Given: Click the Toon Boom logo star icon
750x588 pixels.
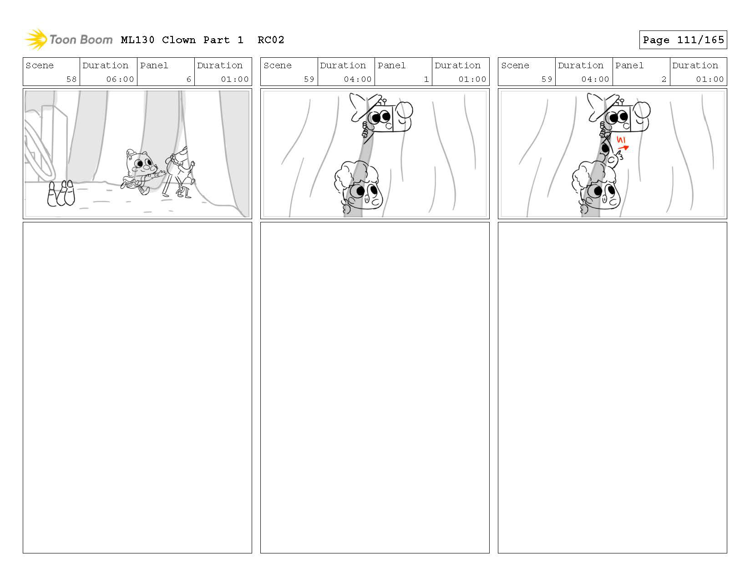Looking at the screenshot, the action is [36, 40].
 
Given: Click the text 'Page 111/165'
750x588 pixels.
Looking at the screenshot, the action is [683, 40].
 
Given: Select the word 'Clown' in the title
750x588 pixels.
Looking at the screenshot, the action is [178, 40].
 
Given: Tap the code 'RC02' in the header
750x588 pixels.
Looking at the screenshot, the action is [271, 40].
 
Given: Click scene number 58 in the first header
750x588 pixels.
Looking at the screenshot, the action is [71, 79].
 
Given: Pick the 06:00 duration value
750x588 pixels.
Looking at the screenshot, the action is [120, 79].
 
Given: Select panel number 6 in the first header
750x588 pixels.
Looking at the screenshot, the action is [188, 79].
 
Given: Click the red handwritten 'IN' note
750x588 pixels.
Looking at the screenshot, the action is [621, 140].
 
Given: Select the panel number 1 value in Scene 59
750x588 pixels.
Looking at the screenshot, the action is [426, 79].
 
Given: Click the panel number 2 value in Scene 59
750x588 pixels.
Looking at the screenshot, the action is [664, 79].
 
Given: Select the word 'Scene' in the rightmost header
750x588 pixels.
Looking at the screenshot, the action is [515, 65].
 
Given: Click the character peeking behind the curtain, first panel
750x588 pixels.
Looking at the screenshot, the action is [181, 171].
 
